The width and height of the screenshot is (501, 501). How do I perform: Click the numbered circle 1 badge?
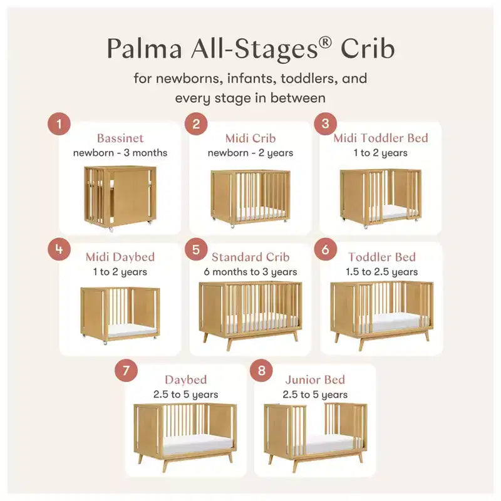[x=59, y=123]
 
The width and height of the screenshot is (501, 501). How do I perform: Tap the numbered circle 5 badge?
[x=196, y=249]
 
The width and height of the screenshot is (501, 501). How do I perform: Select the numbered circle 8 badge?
[x=261, y=370]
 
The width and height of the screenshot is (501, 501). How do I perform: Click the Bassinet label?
[x=120, y=138]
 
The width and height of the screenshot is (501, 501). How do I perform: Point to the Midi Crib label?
[x=250, y=138]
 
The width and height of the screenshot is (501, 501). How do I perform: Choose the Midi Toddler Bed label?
[x=381, y=138]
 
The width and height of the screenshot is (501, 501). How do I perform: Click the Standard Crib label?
[x=250, y=257]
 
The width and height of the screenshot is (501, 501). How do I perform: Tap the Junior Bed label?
[x=315, y=380]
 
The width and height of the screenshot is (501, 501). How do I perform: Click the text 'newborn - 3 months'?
[x=120, y=153]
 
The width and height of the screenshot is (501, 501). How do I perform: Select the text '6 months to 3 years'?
[x=250, y=272]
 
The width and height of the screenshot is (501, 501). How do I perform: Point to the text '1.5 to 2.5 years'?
[x=382, y=272]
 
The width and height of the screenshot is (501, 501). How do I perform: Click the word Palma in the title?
[x=145, y=49]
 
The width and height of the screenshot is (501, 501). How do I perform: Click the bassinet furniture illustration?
[x=120, y=198]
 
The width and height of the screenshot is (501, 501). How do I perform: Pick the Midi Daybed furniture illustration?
[x=120, y=316]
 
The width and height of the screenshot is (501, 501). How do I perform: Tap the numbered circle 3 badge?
[x=325, y=123]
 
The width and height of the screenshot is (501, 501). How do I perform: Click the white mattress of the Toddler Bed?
[x=394, y=323]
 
